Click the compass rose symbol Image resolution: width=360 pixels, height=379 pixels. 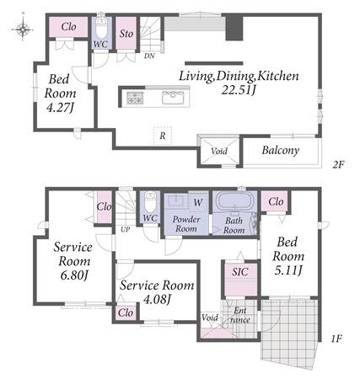click(x=23, y=28)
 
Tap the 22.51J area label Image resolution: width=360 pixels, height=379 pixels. click(x=239, y=90)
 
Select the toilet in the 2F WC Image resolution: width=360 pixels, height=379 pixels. click(x=101, y=28)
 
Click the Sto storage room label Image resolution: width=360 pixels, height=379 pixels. click(x=126, y=34)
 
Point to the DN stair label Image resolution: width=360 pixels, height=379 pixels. click(x=149, y=56)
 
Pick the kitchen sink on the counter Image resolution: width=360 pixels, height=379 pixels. click(x=173, y=98)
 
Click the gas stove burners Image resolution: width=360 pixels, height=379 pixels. click(x=135, y=98)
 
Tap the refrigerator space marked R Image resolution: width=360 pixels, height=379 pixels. click(x=163, y=136)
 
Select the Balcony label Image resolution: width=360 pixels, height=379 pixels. click(x=280, y=150)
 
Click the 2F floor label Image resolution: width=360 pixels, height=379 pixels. click(x=338, y=164)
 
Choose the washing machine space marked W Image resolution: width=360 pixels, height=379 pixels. click(x=198, y=202)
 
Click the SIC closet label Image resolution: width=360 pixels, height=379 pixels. click(x=240, y=271)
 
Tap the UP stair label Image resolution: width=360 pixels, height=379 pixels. click(x=125, y=229)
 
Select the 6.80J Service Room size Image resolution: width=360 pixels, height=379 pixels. click(x=74, y=275)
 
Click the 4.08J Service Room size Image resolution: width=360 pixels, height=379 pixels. click(x=157, y=300)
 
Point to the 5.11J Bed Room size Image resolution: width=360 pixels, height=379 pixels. click(x=287, y=270)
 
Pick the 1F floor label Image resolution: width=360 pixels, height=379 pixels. click(x=336, y=339)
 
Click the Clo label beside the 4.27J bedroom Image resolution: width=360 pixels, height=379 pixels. click(x=68, y=27)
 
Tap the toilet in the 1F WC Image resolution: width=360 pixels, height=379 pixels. click(x=150, y=201)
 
